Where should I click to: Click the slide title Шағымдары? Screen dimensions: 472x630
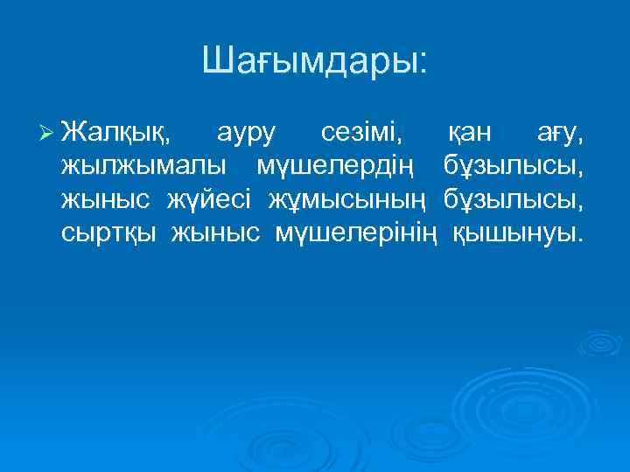point(315,61)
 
